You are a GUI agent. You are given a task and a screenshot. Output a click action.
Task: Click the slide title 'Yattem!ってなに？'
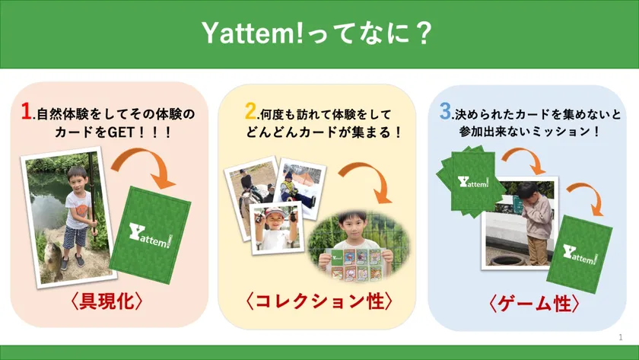(x=316, y=33)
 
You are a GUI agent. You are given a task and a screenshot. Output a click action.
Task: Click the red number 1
(x=27, y=111)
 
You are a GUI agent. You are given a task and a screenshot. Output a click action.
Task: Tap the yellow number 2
(x=250, y=110)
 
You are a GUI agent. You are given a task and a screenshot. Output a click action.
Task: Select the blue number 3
(x=446, y=110)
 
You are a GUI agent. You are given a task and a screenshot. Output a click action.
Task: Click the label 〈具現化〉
(x=106, y=301)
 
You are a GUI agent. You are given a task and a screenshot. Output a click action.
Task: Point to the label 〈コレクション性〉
(x=319, y=301)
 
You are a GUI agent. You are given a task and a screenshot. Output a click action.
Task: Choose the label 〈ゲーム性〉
(x=533, y=304)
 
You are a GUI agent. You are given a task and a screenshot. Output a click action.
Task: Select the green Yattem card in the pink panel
(x=150, y=235)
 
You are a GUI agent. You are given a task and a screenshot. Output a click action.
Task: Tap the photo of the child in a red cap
(x=276, y=228)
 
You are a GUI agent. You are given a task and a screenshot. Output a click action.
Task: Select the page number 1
(x=621, y=337)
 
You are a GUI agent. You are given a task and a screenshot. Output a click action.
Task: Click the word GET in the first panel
(x=121, y=132)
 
